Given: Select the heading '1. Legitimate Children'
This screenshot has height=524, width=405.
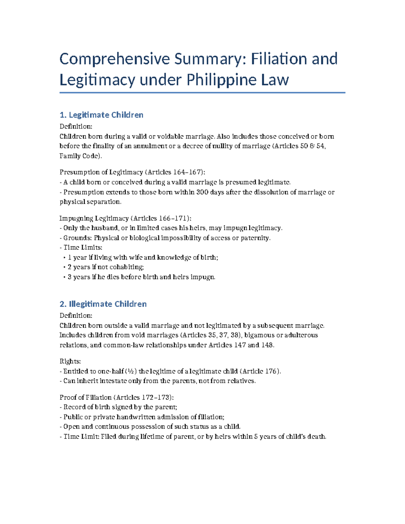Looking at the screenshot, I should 101,115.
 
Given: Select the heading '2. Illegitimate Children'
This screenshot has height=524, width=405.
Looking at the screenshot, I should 103,304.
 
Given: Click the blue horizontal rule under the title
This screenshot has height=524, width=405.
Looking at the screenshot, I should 202,92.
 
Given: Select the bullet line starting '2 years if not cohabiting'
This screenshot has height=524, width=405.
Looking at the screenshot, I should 106,267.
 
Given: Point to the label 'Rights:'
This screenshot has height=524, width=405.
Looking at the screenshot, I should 70,361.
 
